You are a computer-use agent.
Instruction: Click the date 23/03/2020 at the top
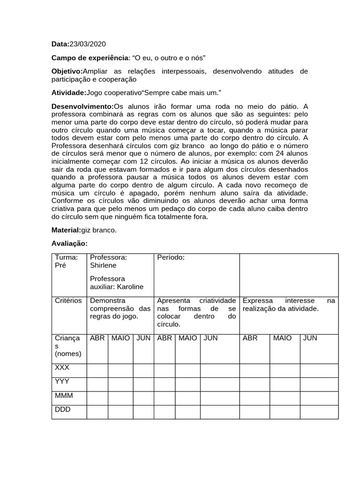tap(88, 44)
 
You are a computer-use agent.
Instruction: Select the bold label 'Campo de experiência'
tap(90, 58)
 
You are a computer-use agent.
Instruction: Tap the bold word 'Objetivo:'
tap(67, 71)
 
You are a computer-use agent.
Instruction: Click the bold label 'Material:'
tap(66, 230)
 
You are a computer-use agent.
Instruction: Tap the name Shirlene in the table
tap(103, 265)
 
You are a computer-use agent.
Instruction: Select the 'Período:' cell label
tap(171, 257)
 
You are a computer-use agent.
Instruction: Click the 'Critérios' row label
tap(68, 300)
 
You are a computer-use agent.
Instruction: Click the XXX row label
tap(62, 368)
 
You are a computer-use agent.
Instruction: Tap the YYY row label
tap(62, 382)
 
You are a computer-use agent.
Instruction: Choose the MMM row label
tap(64, 396)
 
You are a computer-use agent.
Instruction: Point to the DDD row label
tap(62, 409)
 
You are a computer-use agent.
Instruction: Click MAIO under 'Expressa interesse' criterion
tap(282, 338)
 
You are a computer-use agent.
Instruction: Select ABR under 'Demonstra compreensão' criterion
tap(97, 338)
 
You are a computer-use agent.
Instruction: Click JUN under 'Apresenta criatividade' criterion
tap(210, 338)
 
